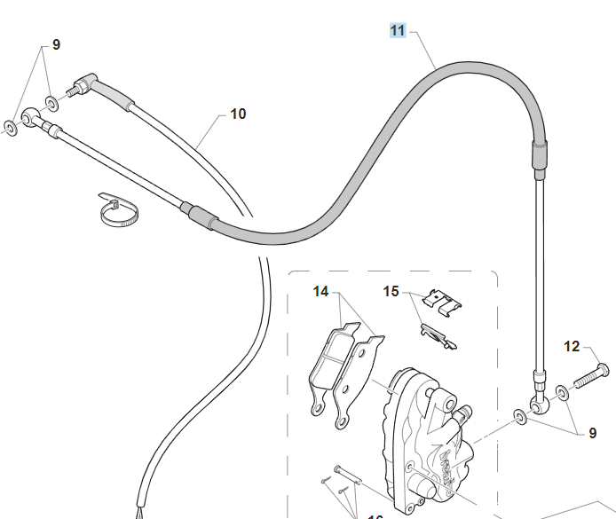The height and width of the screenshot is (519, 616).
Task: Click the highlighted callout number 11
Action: [x=398, y=31]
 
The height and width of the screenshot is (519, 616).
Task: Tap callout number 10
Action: [x=238, y=114]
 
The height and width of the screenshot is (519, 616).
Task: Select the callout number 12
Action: [x=572, y=347]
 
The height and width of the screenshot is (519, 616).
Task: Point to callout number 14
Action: [x=320, y=291]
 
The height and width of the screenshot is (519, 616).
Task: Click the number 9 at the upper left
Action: [x=56, y=43]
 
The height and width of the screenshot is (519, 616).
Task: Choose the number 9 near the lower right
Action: [x=593, y=433]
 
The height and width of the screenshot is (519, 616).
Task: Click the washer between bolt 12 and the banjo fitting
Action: [x=562, y=392]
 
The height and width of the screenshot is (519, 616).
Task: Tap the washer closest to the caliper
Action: [x=518, y=415]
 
